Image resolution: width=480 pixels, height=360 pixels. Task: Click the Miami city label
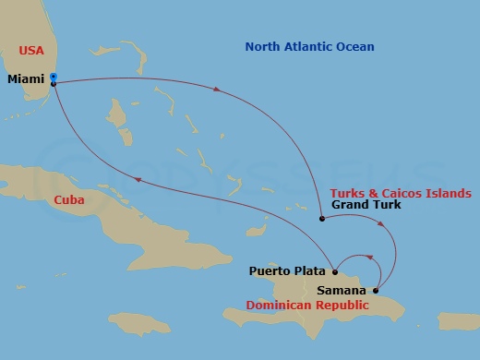tap(25, 79)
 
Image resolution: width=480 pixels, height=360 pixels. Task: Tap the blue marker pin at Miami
tap(54, 78)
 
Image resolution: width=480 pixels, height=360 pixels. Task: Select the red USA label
tap(30, 49)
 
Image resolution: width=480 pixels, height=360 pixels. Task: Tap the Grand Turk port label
tap(366, 205)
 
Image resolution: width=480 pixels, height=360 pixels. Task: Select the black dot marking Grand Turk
tap(321, 219)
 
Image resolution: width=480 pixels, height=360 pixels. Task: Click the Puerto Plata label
tap(287, 271)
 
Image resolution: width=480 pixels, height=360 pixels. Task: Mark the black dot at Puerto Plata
tap(334, 271)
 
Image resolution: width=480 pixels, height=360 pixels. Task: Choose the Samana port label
tap(342, 290)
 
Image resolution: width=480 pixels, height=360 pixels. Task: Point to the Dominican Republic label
tap(306, 306)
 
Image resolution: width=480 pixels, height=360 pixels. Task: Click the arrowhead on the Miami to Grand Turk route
tap(217, 90)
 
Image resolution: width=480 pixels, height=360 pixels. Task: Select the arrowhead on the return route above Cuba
tap(138, 181)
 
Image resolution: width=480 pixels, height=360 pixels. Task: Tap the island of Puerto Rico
tap(455, 320)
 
